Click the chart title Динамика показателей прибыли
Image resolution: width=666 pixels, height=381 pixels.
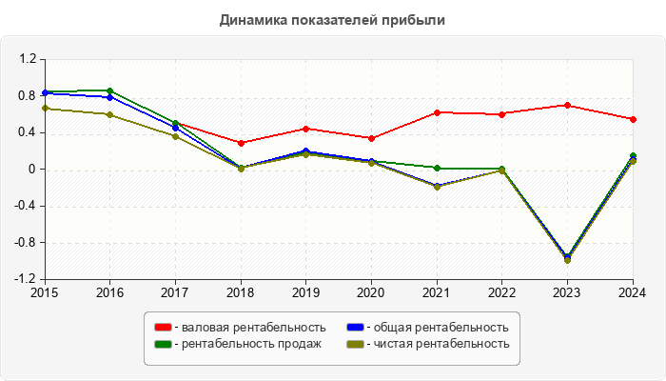point(332,19)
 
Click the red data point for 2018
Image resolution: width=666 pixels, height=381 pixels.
point(241,143)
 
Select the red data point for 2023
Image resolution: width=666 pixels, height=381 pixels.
point(567,105)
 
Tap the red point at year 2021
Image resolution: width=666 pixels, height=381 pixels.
point(437,112)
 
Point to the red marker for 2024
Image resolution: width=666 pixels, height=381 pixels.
point(633,119)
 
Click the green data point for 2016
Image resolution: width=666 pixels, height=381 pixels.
point(110,90)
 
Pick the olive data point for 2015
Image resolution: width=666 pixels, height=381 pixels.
point(45,108)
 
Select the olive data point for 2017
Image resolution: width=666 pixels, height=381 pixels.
point(175,136)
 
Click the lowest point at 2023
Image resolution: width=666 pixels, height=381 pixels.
point(567,260)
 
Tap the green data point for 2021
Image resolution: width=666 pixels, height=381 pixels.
point(437,168)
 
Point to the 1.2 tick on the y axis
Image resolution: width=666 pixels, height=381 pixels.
point(27,59)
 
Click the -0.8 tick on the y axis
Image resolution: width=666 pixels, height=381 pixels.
point(25,243)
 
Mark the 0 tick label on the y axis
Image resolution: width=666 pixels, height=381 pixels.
point(31,170)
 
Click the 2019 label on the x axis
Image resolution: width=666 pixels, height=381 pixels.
point(306,292)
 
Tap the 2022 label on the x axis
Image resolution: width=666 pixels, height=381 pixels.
point(502,292)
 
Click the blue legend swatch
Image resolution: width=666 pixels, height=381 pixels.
point(354,328)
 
